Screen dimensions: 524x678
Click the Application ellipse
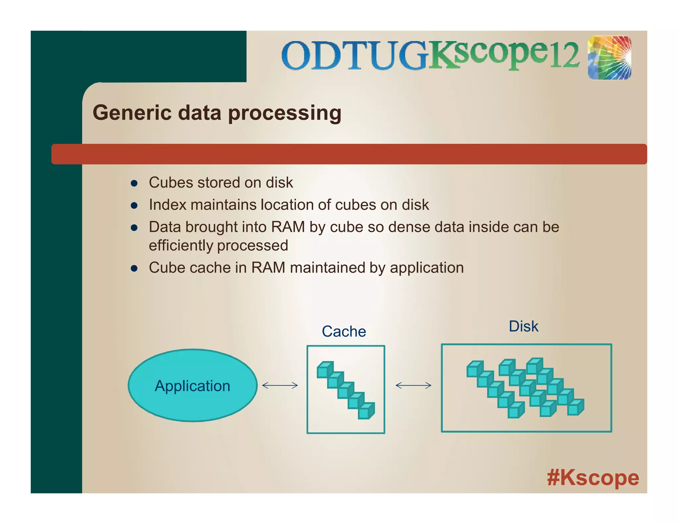coord(192,385)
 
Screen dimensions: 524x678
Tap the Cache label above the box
coord(344,332)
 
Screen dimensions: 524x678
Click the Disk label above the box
coord(523,327)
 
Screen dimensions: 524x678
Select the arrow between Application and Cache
coord(280,385)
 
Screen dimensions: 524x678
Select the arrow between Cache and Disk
coord(413,385)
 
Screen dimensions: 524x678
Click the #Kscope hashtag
coord(593,478)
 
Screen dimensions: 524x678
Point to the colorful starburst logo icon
coord(609,58)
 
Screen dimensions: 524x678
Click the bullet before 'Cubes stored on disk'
coord(134,183)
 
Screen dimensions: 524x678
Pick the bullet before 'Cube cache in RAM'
coord(134,268)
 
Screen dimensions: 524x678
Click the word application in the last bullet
coord(427,268)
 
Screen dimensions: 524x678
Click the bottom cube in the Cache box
coord(366,411)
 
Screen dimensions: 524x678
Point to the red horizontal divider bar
coord(349,154)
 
